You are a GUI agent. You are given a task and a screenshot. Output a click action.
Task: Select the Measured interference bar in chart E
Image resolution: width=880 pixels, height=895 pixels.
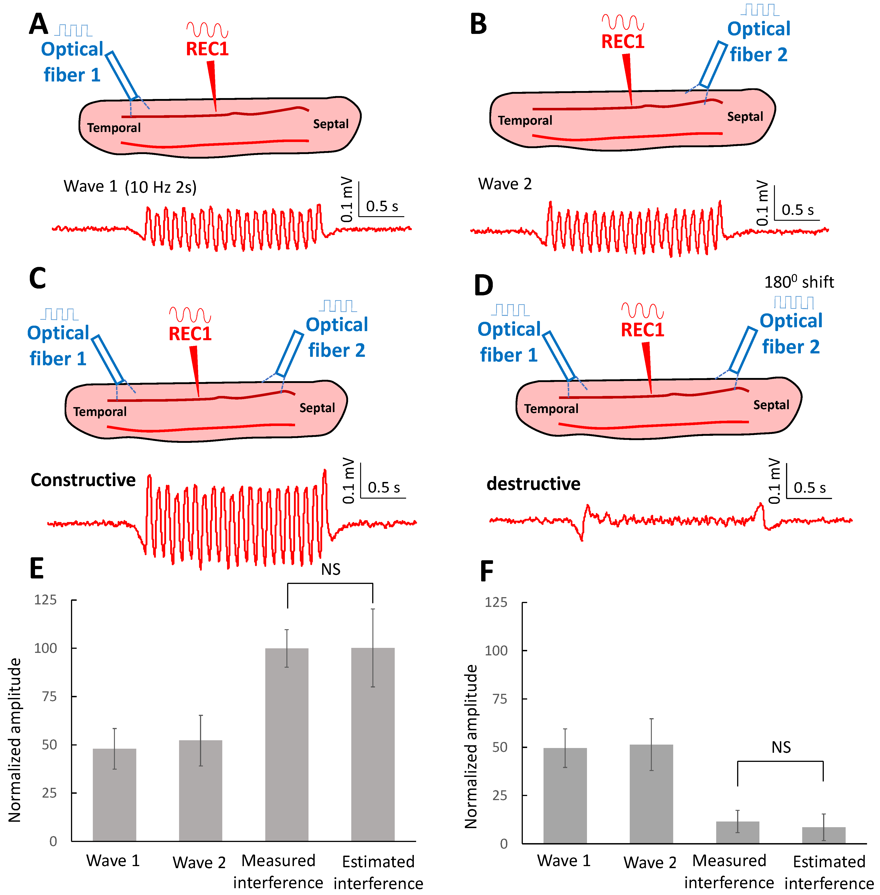[x=287, y=744]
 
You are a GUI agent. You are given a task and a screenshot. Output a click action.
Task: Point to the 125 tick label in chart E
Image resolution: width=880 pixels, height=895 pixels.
[x=45, y=600]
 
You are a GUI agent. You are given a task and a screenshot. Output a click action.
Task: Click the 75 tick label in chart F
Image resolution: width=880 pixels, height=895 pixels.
[x=500, y=699]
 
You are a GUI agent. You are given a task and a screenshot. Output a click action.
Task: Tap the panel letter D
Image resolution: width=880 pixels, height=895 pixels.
[x=483, y=286]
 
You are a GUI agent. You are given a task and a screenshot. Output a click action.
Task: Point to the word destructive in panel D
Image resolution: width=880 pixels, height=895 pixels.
[x=533, y=484]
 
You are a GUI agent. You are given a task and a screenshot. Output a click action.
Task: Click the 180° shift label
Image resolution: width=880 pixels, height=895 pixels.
[x=799, y=282]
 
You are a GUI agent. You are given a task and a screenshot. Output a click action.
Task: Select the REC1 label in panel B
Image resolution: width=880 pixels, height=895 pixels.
[x=622, y=42]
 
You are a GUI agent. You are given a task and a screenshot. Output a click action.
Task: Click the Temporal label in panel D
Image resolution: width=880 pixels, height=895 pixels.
[x=551, y=409]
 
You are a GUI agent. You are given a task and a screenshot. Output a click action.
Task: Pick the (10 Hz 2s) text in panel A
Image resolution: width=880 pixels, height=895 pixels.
[x=160, y=187]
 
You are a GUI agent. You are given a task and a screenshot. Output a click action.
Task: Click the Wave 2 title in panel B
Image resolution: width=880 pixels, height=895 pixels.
[x=505, y=184]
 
